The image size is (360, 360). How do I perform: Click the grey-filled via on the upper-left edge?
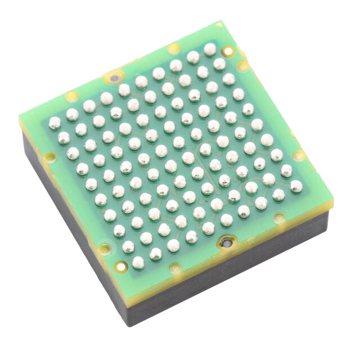[x=115, y=78]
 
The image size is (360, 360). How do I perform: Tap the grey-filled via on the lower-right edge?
[x=226, y=244]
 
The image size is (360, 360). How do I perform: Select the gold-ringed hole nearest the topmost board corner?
[x=227, y=52]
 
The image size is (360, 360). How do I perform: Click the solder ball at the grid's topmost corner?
[x=210, y=49]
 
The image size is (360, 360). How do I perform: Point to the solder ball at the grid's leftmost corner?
[x=55, y=123]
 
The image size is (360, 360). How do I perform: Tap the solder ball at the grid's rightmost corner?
[x=296, y=186]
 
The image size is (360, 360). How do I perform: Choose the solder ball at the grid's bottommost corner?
[x=138, y=262]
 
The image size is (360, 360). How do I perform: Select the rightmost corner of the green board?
[x=332, y=200]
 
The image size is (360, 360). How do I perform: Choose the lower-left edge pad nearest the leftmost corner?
[x=50, y=156]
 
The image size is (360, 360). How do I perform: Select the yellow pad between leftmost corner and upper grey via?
[x=72, y=96]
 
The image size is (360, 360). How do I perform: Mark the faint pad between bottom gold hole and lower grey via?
[x=175, y=268]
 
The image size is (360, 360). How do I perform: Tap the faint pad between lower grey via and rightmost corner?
[x=279, y=217]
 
